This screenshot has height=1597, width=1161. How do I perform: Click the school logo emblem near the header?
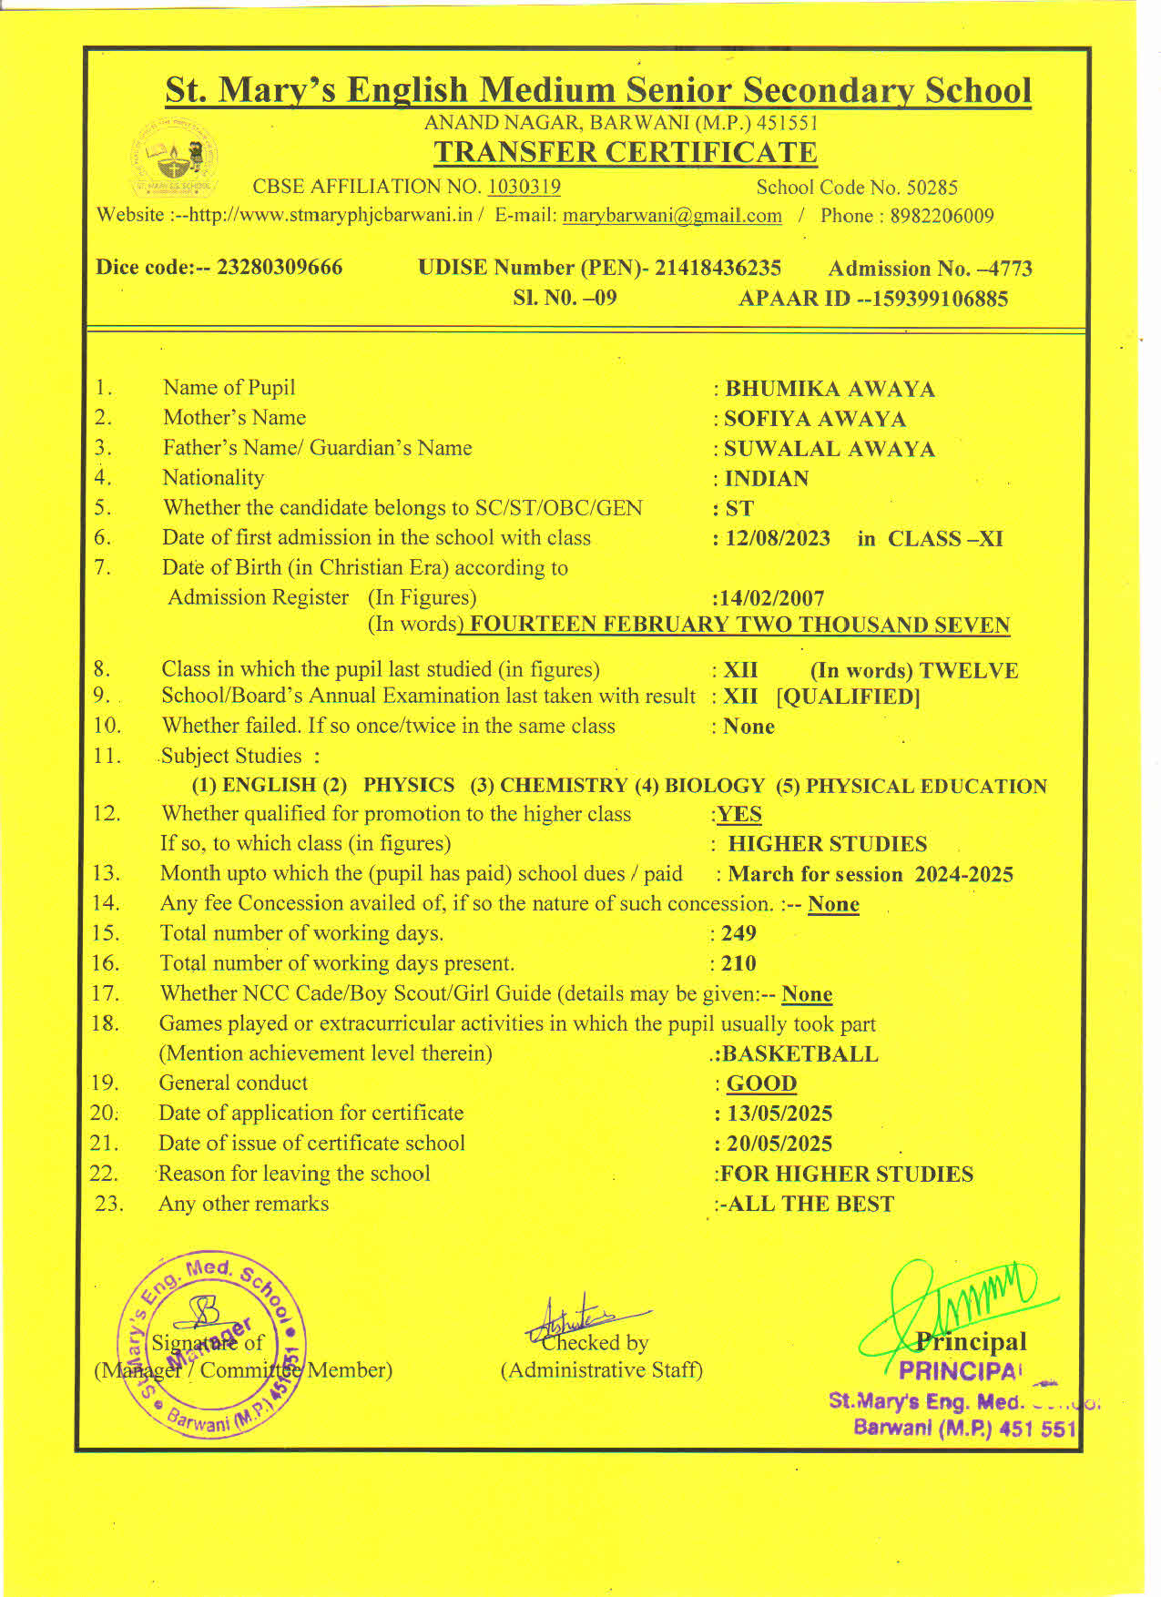pyautogui.click(x=174, y=159)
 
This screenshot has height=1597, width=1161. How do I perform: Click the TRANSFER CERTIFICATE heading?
pyautogui.click(x=625, y=152)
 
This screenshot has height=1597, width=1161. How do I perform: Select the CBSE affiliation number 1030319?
pyautogui.click(x=524, y=187)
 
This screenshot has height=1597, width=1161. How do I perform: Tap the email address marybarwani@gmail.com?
pyautogui.click(x=672, y=216)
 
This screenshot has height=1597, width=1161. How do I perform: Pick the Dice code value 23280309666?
pyautogui.click(x=280, y=268)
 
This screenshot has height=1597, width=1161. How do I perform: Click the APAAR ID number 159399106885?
pyautogui.click(x=940, y=299)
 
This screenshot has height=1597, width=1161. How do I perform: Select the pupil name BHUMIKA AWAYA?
pyautogui.click(x=830, y=389)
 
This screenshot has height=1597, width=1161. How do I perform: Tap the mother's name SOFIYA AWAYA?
pyautogui.click(x=815, y=419)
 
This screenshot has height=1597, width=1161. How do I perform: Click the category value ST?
pyautogui.click(x=739, y=508)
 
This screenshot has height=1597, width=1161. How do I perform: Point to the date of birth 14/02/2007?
pyautogui.click(x=769, y=598)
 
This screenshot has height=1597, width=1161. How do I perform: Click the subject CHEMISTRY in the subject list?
pyautogui.click(x=564, y=786)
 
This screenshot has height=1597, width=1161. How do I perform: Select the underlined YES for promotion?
pyautogui.click(x=739, y=814)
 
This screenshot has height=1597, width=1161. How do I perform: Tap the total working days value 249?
pyautogui.click(x=738, y=933)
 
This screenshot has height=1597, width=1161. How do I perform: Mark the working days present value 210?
pyautogui.click(x=738, y=963)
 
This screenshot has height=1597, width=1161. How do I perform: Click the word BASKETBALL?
pyautogui.click(x=799, y=1053)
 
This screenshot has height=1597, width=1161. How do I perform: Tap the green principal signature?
pyautogui.click(x=956, y=1302)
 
